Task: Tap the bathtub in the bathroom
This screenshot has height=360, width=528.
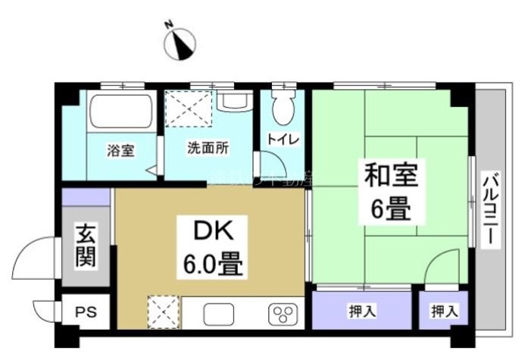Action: pos(120,112)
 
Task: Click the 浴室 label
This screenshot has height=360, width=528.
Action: pos(120,150)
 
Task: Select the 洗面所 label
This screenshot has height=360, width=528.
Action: pos(208,149)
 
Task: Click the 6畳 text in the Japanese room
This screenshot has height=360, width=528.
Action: pos(391,208)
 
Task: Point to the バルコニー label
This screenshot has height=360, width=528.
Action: pos(492,209)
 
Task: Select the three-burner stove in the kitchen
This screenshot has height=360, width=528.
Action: pos(283,313)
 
